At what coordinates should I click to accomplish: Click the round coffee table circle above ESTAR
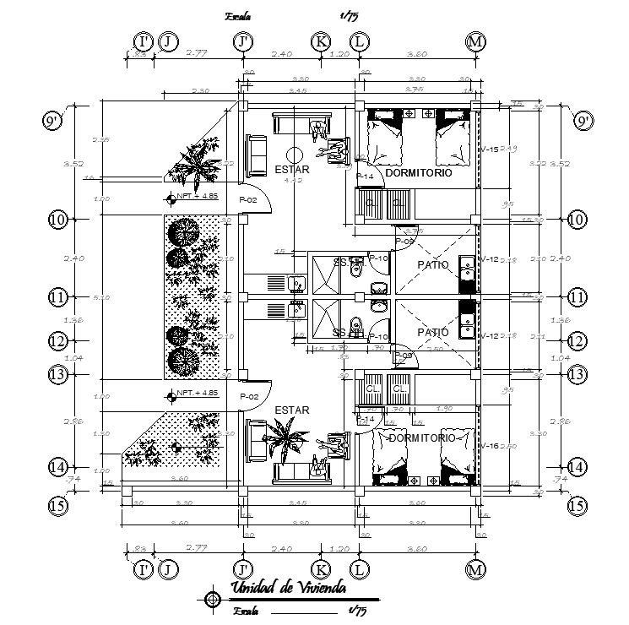point(293,155)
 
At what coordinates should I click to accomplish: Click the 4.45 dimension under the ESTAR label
point(292,180)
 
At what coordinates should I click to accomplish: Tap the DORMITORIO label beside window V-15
point(418,172)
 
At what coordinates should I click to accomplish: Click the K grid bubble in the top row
point(320,41)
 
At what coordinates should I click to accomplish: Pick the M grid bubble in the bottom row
point(476,569)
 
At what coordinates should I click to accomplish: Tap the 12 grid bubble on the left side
point(57,341)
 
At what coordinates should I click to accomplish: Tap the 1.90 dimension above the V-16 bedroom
point(444,410)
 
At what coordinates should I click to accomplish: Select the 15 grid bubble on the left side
point(57,506)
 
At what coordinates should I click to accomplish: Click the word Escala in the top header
point(239,15)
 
